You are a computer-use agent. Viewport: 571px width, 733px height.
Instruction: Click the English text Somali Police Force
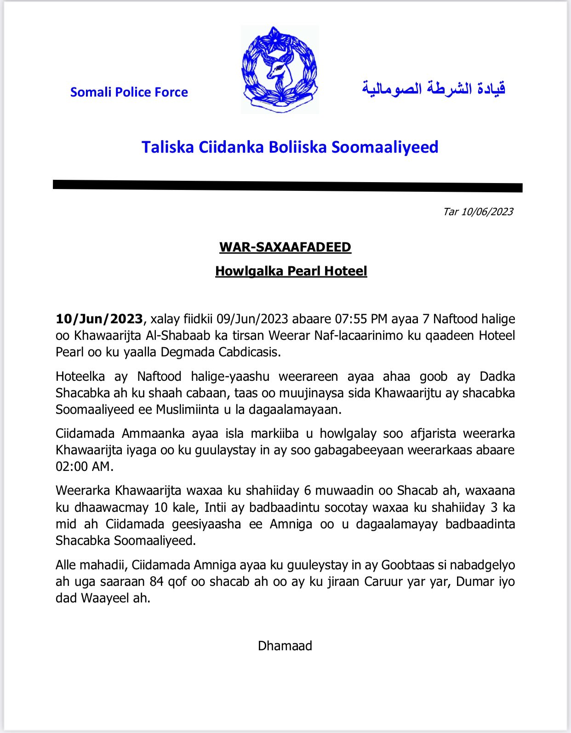[129, 92]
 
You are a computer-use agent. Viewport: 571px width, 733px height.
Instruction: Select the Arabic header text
[434, 88]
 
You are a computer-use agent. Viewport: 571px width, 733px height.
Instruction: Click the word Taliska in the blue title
[167, 147]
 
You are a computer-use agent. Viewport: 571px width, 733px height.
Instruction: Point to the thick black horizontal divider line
[288, 185]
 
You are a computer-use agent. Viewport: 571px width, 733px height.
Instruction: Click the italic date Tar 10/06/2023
[478, 212]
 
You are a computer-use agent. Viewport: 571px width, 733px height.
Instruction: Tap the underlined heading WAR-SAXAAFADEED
[285, 247]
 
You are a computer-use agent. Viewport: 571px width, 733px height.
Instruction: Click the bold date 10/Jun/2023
[99, 319]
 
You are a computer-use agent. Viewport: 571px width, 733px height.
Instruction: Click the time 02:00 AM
[84, 467]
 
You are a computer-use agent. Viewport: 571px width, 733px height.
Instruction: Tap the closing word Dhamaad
[285, 646]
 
